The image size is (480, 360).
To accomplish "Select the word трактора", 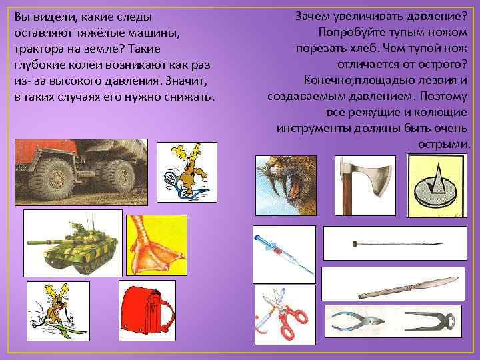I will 38,49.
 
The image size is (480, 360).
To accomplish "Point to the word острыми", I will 444,143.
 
